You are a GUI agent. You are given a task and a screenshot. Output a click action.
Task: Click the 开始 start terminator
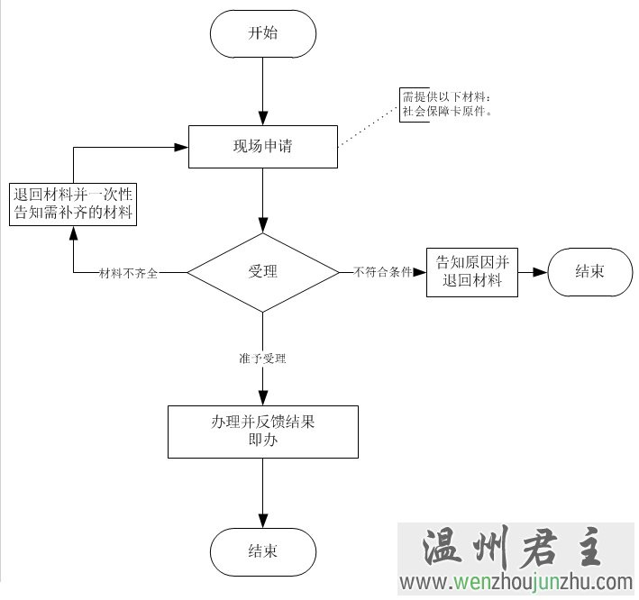pyautogui.click(x=262, y=33)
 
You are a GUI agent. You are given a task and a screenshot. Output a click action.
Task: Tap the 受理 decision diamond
pyautogui.click(x=262, y=271)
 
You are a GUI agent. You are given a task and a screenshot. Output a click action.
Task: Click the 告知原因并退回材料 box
pyautogui.click(x=472, y=271)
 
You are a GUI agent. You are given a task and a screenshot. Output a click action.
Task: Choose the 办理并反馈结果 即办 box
pyautogui.click(x=262, y=432)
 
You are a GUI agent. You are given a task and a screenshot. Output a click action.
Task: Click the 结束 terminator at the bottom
pyautogui.click(x=262, y=551)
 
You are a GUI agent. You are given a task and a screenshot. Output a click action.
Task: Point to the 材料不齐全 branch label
pyautogui.click(x=128, y=272)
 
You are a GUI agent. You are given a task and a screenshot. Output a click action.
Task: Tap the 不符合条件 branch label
pyautogui.click(x=383, y=271)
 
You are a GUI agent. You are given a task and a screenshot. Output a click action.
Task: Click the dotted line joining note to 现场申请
pyautogui.click(x=370, y=125)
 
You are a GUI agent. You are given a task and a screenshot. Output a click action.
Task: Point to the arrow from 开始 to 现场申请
pyautogui.click(x=262, y=90)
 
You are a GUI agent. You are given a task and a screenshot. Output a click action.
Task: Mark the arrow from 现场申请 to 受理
pyautogui.click(x=262, y=200)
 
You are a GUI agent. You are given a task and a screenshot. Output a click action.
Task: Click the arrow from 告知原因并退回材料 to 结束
pyautogui.click(x=534, y=271)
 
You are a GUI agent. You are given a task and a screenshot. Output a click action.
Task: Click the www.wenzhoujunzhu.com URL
pyautogui.click(x=518, y=582)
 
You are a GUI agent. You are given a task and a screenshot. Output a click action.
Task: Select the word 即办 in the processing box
pyautogui.click(x=262, y=441)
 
